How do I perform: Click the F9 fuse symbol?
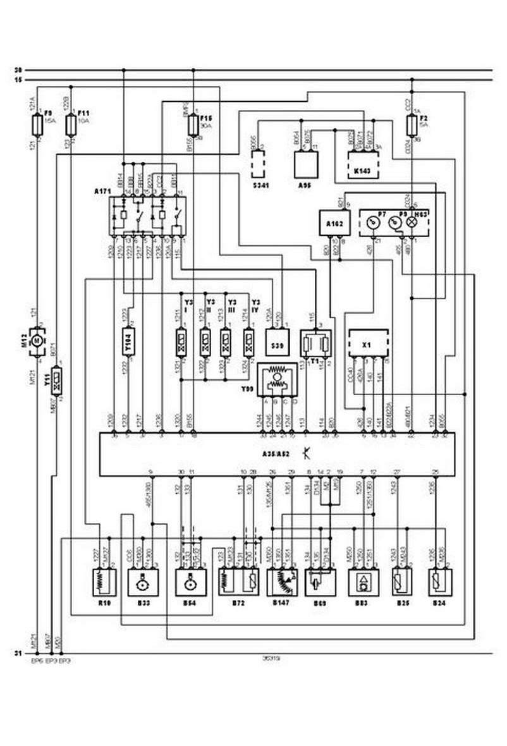[x=39, y=124]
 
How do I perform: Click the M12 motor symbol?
[x=37, y=341]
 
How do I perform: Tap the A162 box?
[x=333, y=223]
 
